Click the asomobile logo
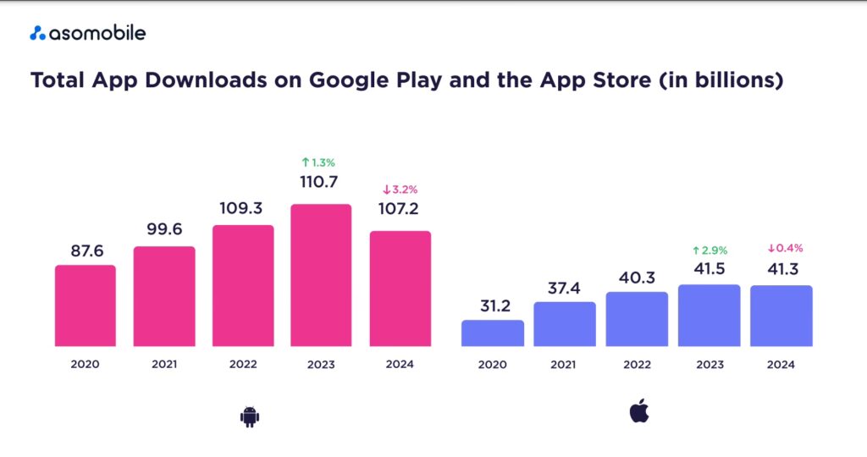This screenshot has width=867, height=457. coord(88,33)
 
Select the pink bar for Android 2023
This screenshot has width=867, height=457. coord(321,275)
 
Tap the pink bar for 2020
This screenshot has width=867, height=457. coord(86,306)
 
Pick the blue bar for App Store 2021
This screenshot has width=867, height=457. coord(565,323)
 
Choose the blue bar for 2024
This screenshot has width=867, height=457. coord(781,315)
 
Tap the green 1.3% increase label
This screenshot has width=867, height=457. coord(321,161)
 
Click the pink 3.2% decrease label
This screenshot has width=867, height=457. coord(400,190)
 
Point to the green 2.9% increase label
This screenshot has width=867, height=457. coord(710,250)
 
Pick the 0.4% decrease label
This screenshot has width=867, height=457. coord(781,249)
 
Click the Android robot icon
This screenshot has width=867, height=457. coord(248,415)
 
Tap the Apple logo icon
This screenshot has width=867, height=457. coord(638,412)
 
